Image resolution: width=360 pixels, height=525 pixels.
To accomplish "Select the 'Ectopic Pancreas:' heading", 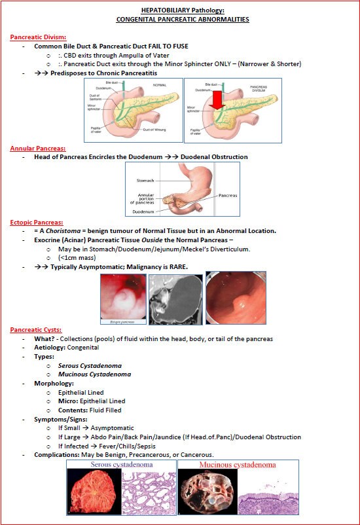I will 36,223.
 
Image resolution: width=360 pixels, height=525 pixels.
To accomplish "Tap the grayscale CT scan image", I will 175,299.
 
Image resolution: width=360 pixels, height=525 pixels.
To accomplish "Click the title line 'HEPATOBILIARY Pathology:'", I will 182,10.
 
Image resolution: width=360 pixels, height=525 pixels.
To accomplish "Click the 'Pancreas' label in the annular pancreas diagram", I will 227,195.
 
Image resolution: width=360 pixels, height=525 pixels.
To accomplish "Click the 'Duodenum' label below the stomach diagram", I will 143,213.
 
